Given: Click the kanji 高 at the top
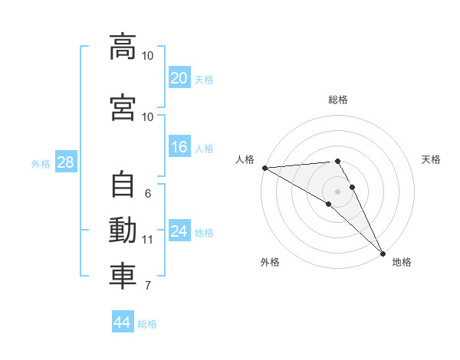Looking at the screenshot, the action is pyautogui.click(x=123, y=47).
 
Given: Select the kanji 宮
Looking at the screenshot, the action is pyautogui.click(x=123, y=107).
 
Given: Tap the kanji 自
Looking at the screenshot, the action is pyautogui.click(x=123, y=184).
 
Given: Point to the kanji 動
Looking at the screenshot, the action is pyautogui.click(x=123, y=230).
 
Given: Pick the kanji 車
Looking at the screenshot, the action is pyautogui.click(x=123, y=277).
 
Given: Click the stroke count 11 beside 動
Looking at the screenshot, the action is pyautogui.click(x=147, y=240).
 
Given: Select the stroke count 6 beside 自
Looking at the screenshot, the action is pyautogui.click(x=148, y=194).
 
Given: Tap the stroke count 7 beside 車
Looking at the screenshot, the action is pyautogui.click(x=148, y=286).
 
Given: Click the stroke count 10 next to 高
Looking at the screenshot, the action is pyautogui.click(x=147, y=56).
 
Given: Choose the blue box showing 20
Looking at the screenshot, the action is pyautogui.click(x=179, y=77).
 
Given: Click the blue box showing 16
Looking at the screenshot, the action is pyautogui.click(x=179, y=146).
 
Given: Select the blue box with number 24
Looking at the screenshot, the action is pyautogui.click(x=179, y=230).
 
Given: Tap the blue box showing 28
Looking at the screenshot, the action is pyautogui.click(x=66, y=162).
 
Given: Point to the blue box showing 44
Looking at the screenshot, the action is pyautogui.click(x=123, y=321).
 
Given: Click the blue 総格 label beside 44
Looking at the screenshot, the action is pyautogui.click(x=147, y=324).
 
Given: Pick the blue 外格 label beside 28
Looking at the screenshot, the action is pyautogui.click(x=41, y=164).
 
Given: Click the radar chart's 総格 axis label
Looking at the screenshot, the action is pyautogui.click(x=338, y=100).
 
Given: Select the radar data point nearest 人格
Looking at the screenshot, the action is pyautogui.click(x=265, y=168).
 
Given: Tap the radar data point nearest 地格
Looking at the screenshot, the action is pyautogui.click(x=383, y=254).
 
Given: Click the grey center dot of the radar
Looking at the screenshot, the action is pyautogui.click(x=337, y=191).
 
